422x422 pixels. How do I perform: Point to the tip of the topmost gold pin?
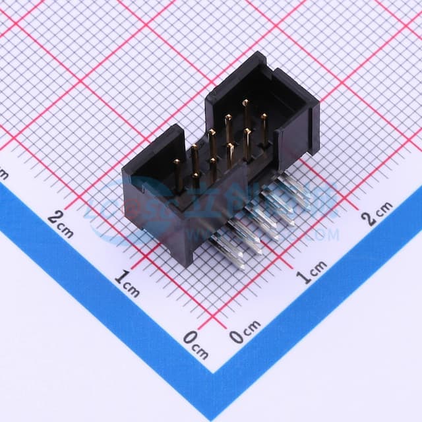pyautogui.click(x=245, y=102)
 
